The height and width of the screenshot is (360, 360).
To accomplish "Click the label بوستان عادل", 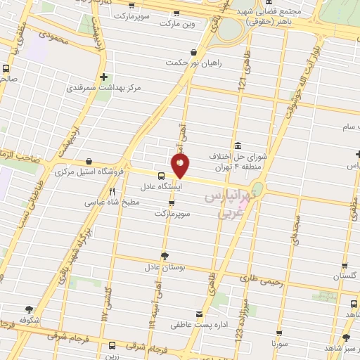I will pyautogui.click(x=164, y=268).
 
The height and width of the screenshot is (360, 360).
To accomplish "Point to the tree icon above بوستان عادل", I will pyautogui.click(x=165, y=256).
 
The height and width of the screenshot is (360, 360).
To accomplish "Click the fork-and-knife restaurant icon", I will pyautogui.click(x=112, y=191).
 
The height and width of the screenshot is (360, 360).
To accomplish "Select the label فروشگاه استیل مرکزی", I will pyautogui.click(x=89, y=172).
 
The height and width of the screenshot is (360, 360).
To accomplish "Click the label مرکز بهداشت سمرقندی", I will pyautogui.click(x=104, y=89).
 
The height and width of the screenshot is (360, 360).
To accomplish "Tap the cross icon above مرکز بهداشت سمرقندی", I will pyautogui.click(x=104, y=77).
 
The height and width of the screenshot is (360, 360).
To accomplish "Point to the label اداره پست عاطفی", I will pyautogui.click(x=199, y=326).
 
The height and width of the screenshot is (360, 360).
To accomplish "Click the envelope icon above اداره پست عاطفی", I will pyautogui.click(x=200, y=314).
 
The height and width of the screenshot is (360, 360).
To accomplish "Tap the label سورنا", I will pyautogui.click(x=279, y=345).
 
